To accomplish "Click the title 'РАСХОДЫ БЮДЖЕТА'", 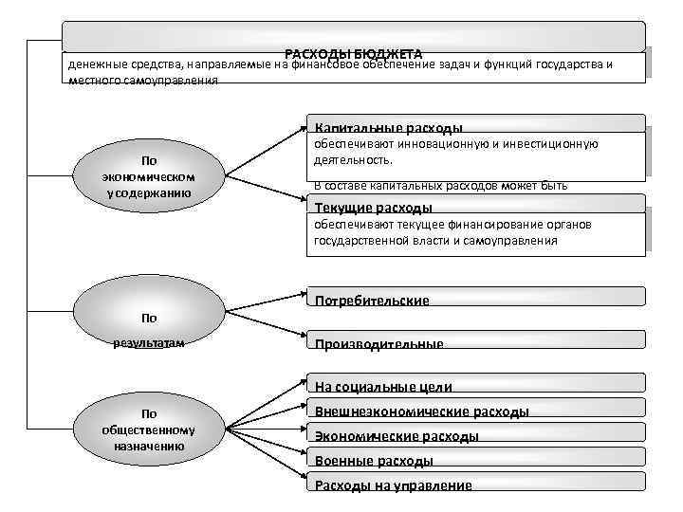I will pyautogui.click(x=353, y=53).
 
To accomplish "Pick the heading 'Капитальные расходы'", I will pyautogui.click(x=389, y=128).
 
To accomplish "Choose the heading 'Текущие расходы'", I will pyautogui.click(x=374, y=208).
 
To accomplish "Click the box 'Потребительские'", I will pyautogui.click(x=373, y=301).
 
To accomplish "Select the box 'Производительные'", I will pyautogui.click(x=379, y=344).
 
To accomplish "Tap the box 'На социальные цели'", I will pyautogui.click(x=384, y=387).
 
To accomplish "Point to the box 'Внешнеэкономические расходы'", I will pyautogui.click(x=422, y=411).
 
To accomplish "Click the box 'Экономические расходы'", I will pyautogui.click(x=397, y=436).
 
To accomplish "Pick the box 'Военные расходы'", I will pyautogui.click(x=375, y=461).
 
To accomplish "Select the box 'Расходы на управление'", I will pyautogui.click(x=394, y=485).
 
